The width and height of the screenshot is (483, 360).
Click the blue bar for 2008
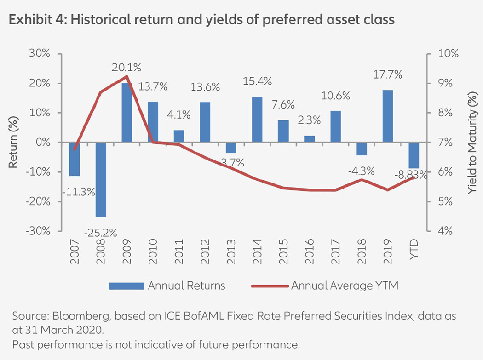[x=100, y=179]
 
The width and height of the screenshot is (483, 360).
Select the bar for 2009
[x=126, y=113]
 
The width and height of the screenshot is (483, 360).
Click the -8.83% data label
[x=411, y=176]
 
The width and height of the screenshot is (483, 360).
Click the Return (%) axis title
[x=14, y=143]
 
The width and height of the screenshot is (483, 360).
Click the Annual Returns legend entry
[x=186, y=286]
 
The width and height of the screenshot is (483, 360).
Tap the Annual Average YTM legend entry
[x=344, y=286]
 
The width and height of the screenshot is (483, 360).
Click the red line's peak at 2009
[x=126, y=76]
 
